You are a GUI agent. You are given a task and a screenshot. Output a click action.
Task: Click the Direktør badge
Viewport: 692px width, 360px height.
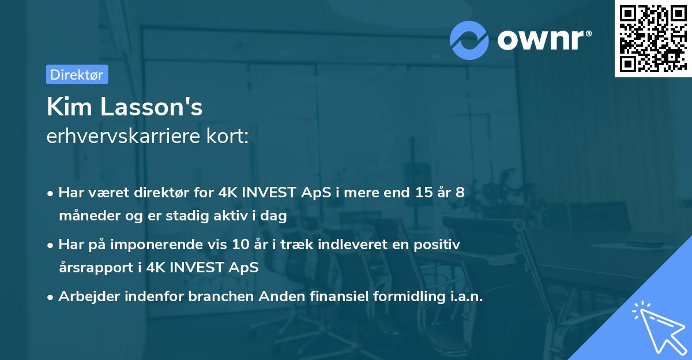point(77,74)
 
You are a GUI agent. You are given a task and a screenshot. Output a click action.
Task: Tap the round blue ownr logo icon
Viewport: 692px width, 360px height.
point(469,40)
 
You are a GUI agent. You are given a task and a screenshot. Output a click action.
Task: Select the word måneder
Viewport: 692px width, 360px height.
point(85,216)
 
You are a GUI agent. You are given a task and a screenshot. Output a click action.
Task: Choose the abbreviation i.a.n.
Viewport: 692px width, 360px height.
point(465,297)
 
